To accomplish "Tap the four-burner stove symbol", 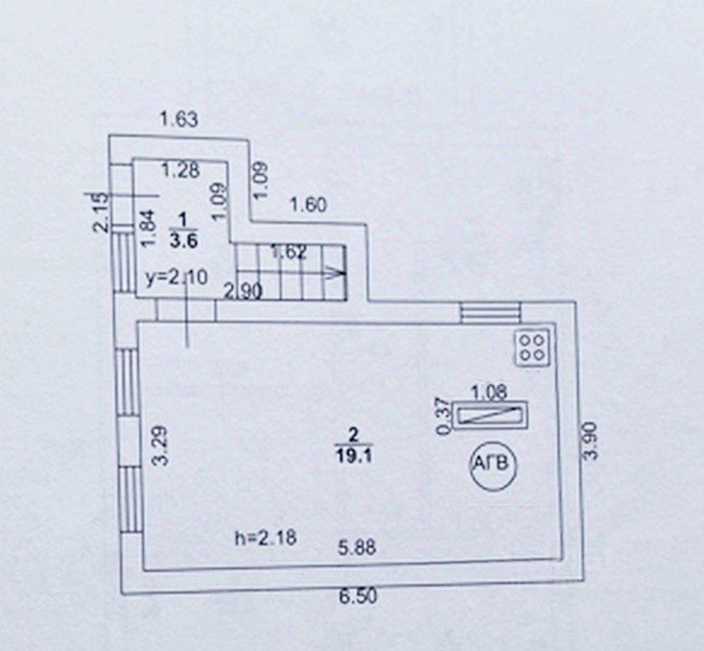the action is pos(535,347).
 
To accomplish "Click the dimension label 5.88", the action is pos(359,548).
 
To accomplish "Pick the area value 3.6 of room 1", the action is pos(183,242).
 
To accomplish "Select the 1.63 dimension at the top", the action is pos(179,120).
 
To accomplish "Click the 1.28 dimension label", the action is pos(180,171).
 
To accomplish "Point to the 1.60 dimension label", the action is pos(308,205).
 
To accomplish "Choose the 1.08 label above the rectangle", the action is pos(489,392).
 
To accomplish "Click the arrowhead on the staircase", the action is pos(334,273).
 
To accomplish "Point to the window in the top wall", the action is pos(491,312).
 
